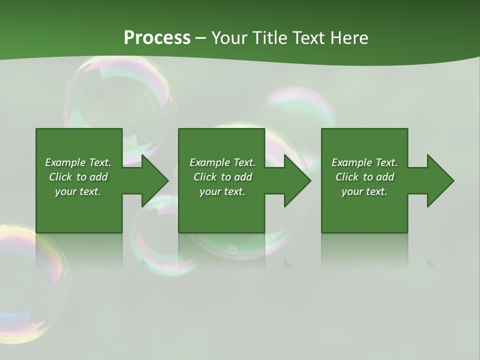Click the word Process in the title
(157, 38)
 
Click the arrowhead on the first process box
(153, 180)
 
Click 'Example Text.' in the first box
(78, 162)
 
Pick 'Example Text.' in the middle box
(222, 162)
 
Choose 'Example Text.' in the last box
(364, 162)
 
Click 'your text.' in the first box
(78, 191)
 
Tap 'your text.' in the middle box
(222, 191)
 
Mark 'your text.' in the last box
(364, 191)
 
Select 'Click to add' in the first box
(78, 177)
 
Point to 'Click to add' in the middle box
(222, 177)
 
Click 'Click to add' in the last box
(364, 177)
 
